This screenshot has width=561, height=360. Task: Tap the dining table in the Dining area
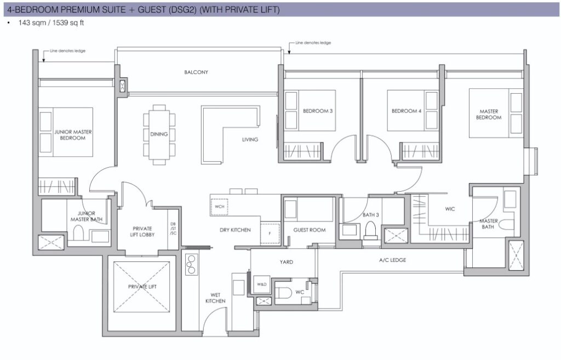click(x=159, y=134)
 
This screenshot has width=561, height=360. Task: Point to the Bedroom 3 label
click(x=318, y=111)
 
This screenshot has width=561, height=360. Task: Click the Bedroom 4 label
click(x=407, y=111)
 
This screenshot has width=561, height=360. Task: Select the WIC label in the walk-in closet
click(x=450, y=209)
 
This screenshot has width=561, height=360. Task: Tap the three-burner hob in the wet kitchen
click(x=191, y=265)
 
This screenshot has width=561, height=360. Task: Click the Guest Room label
click(x=310, y=230)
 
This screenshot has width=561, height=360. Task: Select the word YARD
click(x=286, y=262)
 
